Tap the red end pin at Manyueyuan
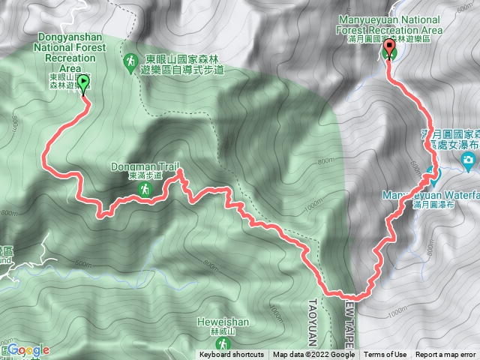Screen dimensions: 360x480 tap(389, 50)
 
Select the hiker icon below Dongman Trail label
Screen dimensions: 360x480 tap(148, 190)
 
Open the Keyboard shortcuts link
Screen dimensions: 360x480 tap(232, 355)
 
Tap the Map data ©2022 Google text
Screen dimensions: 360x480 tap(313, 355)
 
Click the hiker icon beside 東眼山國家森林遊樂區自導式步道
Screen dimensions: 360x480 tap(130, 59)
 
